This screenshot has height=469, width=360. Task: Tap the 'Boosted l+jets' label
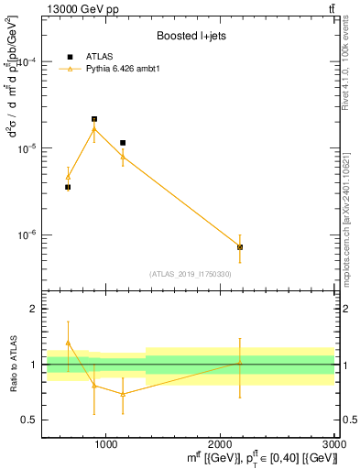pos(190,36)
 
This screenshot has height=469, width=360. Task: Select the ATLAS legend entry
pos(95,57)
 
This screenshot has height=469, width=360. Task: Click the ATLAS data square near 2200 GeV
pos(240,247)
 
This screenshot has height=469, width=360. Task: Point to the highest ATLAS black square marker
pos(94,119)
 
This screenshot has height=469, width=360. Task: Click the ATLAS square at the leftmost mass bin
pos(68,187)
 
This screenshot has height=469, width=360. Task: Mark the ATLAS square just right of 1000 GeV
pos(123,143)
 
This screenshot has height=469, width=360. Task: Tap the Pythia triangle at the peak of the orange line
pos(94,129)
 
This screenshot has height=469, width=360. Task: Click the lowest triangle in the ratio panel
pos(123,394)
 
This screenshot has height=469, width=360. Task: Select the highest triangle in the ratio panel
pos(68,343)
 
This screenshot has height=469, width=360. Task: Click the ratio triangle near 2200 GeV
pos(240,363)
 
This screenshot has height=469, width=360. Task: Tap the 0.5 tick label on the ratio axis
pos(29,420)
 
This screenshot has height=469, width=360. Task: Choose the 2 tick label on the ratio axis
pos(33,309)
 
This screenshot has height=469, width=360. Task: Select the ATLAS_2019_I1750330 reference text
pos(190,274)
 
